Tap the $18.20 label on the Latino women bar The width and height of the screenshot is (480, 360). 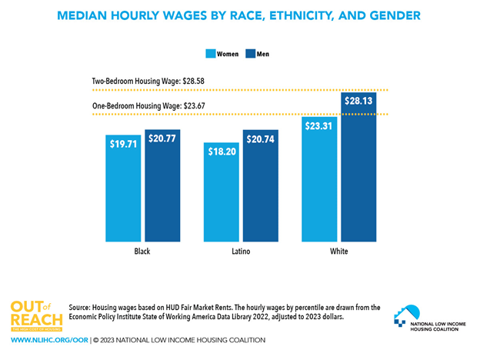[221, 152]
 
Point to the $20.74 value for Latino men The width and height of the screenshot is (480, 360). [262, 140]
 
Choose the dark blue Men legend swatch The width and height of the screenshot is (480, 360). [250, 54]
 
